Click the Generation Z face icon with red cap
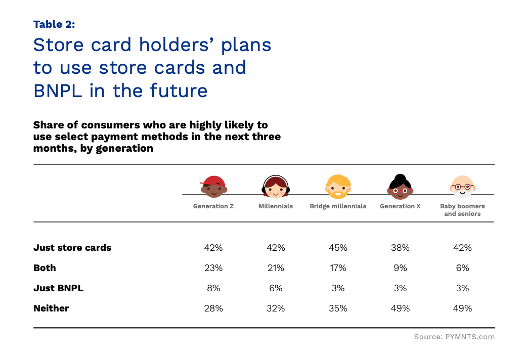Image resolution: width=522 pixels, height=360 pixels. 214,187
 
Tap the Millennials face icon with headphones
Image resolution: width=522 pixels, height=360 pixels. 276,187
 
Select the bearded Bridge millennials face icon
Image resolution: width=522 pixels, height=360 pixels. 338,187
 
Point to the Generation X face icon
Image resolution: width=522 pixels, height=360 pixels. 400,187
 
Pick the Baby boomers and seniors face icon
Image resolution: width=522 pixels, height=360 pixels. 462,187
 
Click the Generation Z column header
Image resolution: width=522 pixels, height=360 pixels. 213,206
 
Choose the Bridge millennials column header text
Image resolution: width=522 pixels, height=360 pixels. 338,206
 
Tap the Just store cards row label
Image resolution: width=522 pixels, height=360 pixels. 72,248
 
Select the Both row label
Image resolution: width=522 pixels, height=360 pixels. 45,268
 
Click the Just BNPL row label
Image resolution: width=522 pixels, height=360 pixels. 58,288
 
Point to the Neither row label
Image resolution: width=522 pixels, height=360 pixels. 51,308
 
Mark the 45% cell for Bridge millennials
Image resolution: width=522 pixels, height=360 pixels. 338,248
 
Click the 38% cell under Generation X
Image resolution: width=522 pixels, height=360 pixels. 400,248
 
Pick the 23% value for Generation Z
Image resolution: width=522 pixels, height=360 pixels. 213,268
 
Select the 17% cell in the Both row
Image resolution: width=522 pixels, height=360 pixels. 338,268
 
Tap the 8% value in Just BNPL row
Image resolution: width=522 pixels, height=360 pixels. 213,288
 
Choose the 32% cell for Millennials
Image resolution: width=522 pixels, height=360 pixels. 276,308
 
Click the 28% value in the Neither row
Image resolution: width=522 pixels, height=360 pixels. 213,308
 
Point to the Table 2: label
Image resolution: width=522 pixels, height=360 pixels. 54,24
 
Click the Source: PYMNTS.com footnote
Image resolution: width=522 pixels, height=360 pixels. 454,337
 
